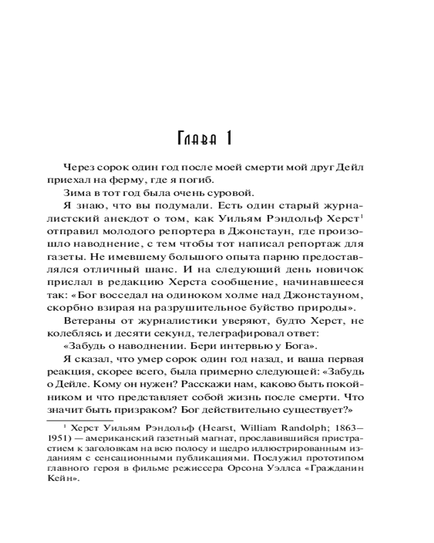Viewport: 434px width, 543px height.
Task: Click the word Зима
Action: pyautogui.click(x=75, y=193)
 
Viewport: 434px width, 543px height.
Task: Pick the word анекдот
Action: pyautogui.click(x=130, y=219)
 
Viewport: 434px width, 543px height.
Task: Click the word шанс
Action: pyautogui.click(x=175, y=270)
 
